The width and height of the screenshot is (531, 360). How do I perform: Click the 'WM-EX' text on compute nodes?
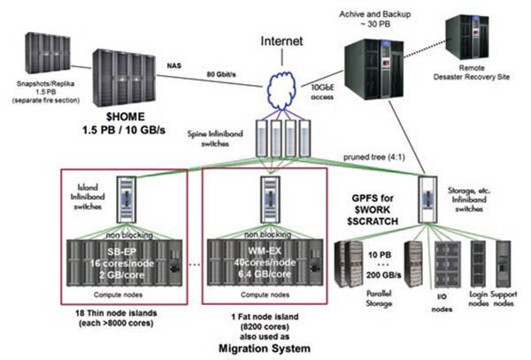click(265, 241)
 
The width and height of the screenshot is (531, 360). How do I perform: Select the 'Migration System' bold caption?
click(265, 348)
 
